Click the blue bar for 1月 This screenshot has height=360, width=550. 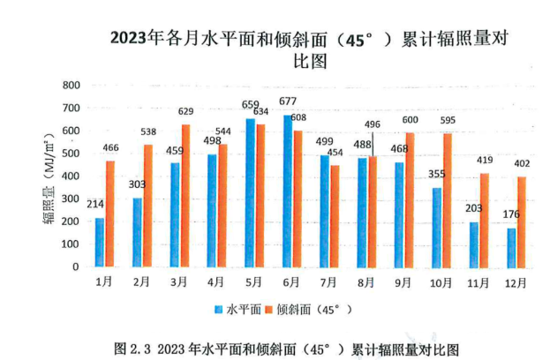(x=100, y=243)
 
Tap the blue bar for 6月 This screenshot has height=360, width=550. (x=288, y=191)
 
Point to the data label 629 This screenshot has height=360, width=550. (x=186, y=113)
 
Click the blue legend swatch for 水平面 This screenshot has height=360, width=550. (x=217, y=310)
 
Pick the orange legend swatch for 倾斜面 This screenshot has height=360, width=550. (x=270, y=310)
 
